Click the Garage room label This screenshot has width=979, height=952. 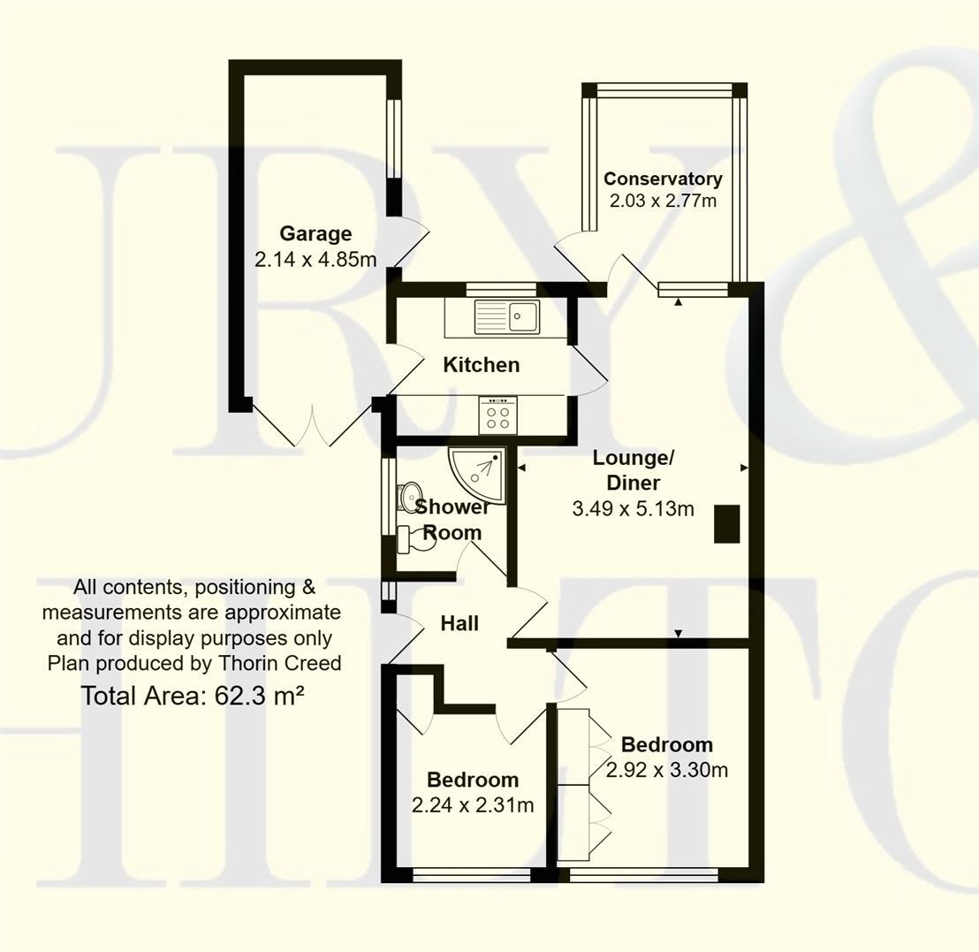(x=315, y=234)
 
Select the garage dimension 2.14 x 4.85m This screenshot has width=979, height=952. (x=315, y=260)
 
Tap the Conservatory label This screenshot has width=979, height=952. (x=663, y=179)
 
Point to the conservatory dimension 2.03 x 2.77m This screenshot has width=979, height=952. (x=663, y=201)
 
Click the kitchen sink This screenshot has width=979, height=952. (x=506, y=316)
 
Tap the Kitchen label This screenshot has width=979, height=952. (x=481, y=365)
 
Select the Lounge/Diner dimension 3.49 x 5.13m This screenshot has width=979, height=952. (x=633, y=509)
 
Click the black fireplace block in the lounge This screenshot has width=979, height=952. (x=727, y=522)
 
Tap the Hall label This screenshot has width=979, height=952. (x=459, y=624)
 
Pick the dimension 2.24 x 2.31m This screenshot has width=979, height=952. (x=473, y=805)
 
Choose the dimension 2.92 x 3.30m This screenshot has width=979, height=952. (x=667, y=770)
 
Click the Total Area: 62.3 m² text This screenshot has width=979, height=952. (x=193, y=696)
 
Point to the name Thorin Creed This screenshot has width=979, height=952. (x=288, y=663)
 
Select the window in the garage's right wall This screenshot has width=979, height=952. (x=394, y=138)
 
